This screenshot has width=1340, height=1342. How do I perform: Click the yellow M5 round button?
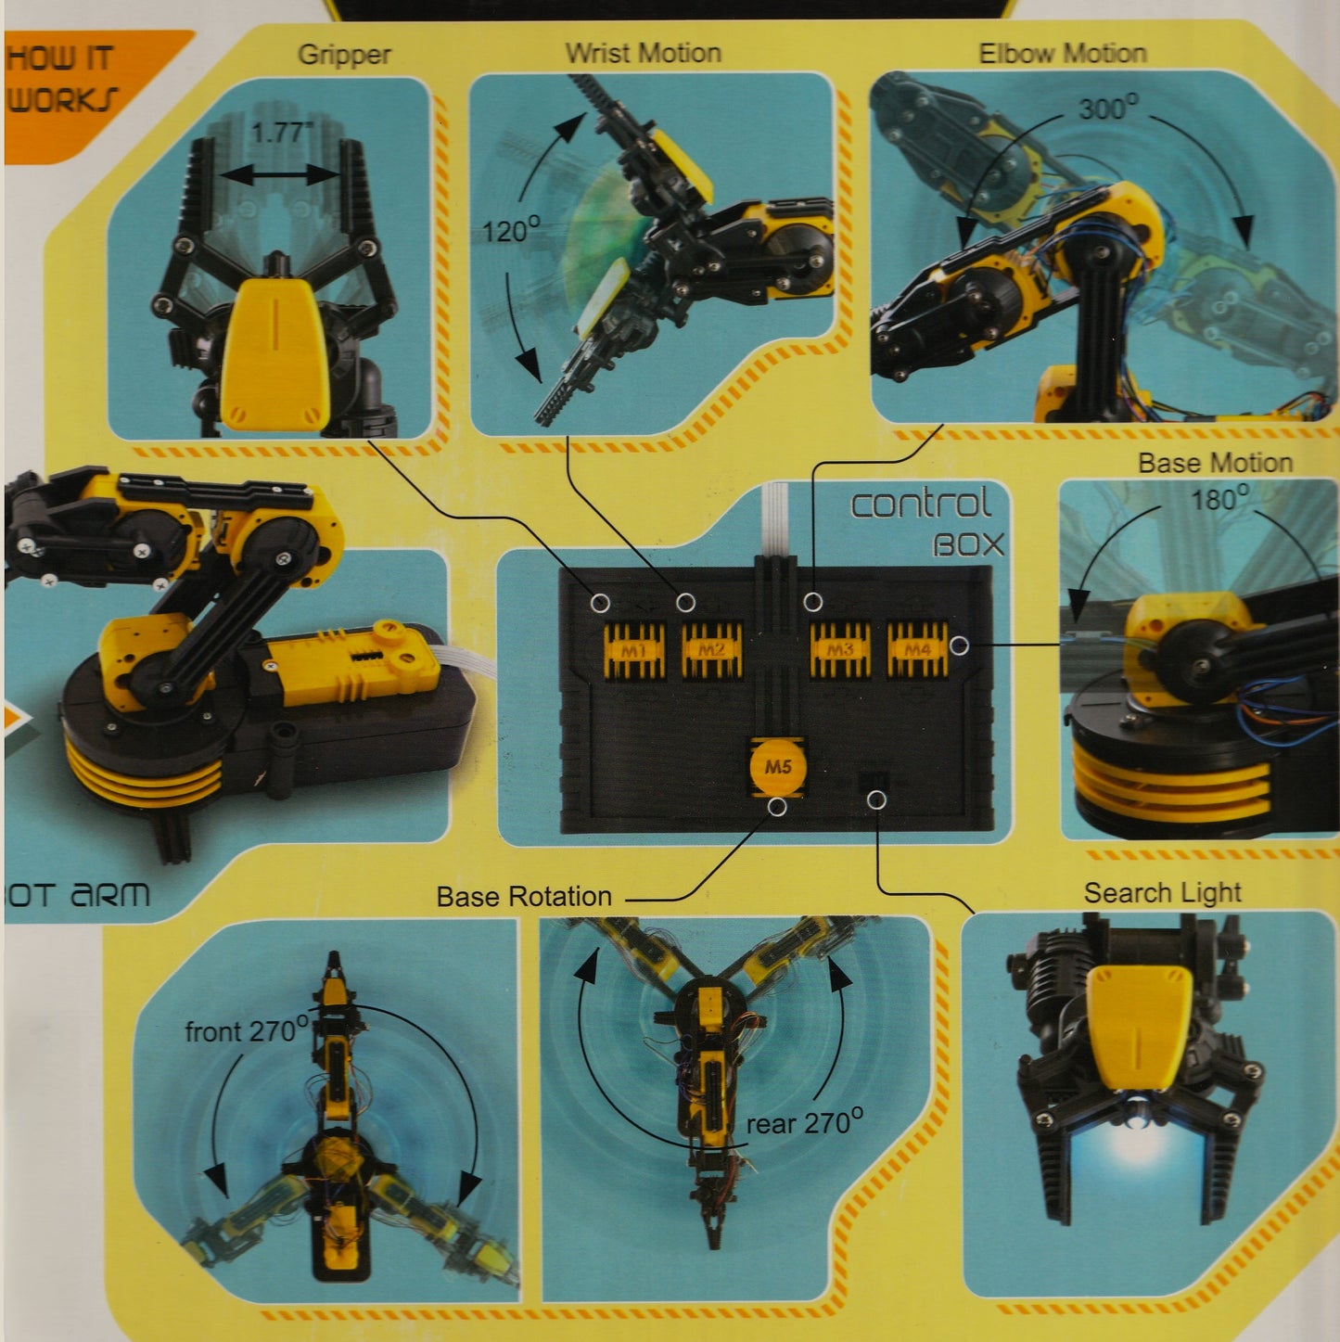(777, 767)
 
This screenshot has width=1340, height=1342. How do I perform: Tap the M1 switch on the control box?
(634, 650)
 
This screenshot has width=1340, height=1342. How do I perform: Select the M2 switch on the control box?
(712, 650)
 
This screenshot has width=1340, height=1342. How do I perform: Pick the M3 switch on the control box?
(840, 650)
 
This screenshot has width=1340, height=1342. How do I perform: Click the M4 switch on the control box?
(917, 650)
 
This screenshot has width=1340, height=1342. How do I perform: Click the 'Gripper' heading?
(344, 55)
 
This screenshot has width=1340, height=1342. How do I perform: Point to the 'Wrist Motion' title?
(644, 53)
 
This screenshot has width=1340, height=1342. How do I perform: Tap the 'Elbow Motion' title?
(1063, 53)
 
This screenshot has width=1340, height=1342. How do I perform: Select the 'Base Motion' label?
(1215, 463)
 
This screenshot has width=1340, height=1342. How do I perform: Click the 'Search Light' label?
(1162, 893)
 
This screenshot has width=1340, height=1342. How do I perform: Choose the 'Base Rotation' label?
(524, 897)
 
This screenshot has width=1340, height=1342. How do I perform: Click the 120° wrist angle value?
(511, 230)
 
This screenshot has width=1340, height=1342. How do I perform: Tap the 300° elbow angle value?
(1108, 109)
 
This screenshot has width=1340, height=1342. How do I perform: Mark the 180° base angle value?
(1219, 500)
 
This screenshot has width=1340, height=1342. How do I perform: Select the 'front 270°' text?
(246, 1030)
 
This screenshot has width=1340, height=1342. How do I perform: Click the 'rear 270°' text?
(804, 1123)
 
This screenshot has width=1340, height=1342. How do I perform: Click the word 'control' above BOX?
(920, 505)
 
